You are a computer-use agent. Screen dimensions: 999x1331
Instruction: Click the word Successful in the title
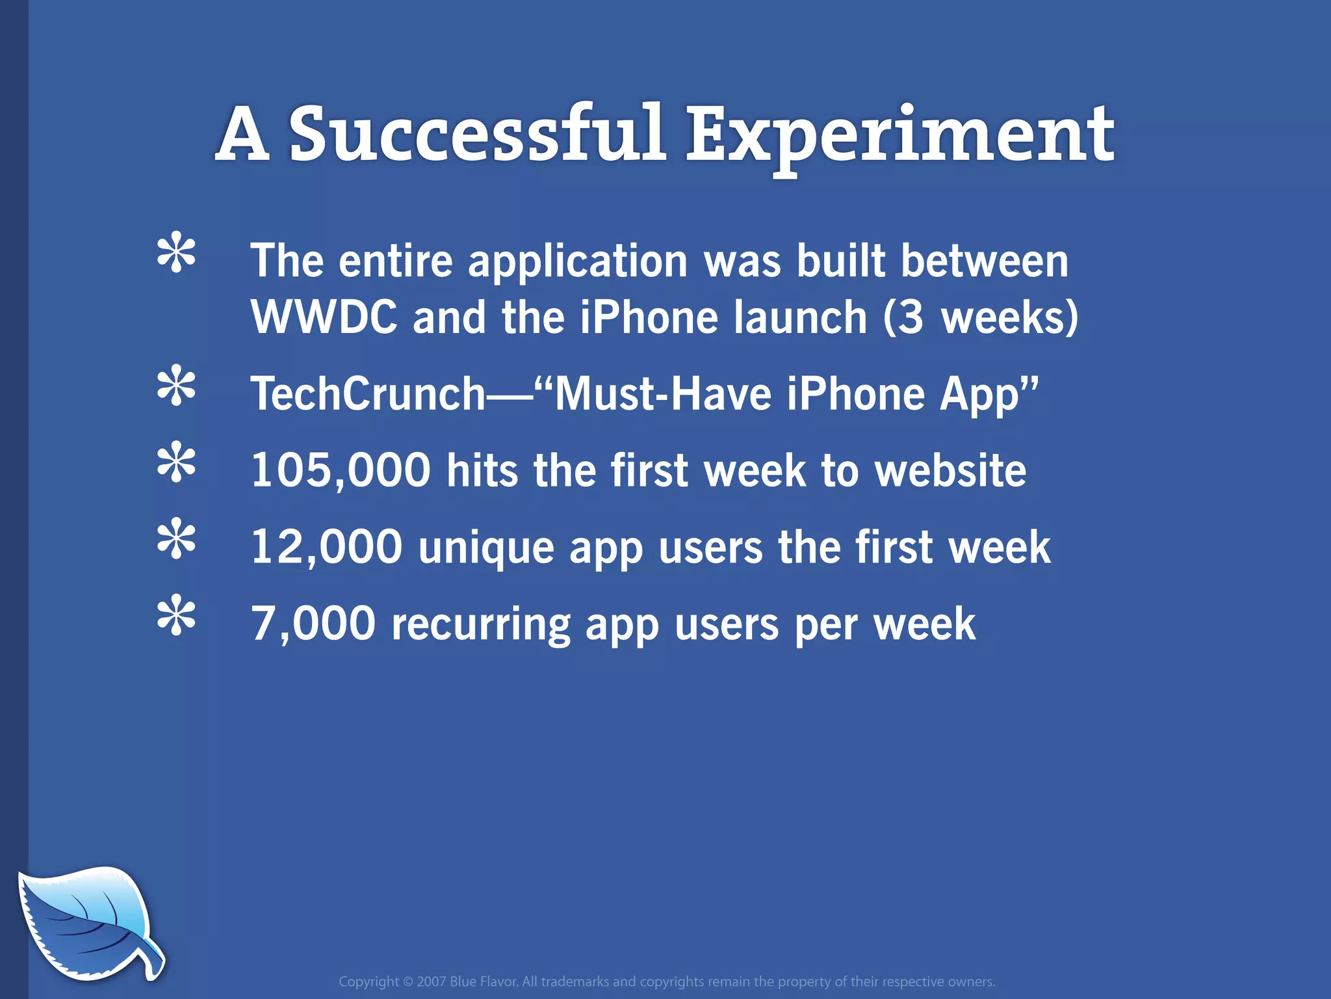point(477,134)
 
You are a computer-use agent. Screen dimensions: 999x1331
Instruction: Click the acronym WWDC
point(324,317)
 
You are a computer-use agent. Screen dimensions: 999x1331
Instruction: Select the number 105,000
point(341,470)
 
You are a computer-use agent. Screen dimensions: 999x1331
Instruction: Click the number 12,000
point(326,546)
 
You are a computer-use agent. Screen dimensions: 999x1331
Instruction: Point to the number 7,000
point(313,623)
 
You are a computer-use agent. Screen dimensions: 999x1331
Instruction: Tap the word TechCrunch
point(368,393)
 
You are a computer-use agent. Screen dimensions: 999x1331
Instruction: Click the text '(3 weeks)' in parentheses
point(981,317)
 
